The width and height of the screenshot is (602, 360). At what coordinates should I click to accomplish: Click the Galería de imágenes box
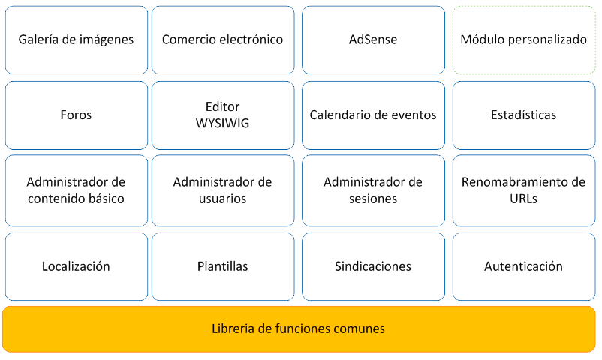tap(76, 40)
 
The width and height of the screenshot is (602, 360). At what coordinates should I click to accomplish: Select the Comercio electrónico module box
tap(222, 40)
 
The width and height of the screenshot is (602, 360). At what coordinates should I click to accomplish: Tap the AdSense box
tap(373, 40)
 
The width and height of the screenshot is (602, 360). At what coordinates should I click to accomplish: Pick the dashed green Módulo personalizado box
tap(523, 40)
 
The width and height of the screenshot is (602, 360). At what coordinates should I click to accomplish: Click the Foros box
tap(76, 115)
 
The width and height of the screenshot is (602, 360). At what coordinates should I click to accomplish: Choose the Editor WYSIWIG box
tap(222, 115)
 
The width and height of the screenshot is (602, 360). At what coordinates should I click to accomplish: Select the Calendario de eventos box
tap(373, 115)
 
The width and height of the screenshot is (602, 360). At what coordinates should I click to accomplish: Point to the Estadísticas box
tap(523, 115)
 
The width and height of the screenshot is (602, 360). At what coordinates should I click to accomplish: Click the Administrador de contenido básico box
tap(76, 190)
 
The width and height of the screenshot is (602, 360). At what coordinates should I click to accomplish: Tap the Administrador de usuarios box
tap(222, 190)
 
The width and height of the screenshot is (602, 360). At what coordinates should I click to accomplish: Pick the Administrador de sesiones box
tap(373, 190)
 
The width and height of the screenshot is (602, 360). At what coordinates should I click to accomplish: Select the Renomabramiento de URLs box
tap(523, 190)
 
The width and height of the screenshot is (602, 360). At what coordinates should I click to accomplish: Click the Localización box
tap(76, 266)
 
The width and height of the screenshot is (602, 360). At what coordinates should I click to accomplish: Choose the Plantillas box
tap(222, 266)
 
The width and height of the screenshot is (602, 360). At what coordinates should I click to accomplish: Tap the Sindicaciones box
tap(373, 266)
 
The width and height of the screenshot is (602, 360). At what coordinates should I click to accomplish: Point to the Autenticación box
tap(523, 266)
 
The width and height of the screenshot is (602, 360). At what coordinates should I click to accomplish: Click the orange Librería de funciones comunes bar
tap(299, 328)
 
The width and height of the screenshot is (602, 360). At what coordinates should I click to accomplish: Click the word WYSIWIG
tap(222, 124)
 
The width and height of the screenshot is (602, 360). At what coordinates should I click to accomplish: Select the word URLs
tap(523, 199)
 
